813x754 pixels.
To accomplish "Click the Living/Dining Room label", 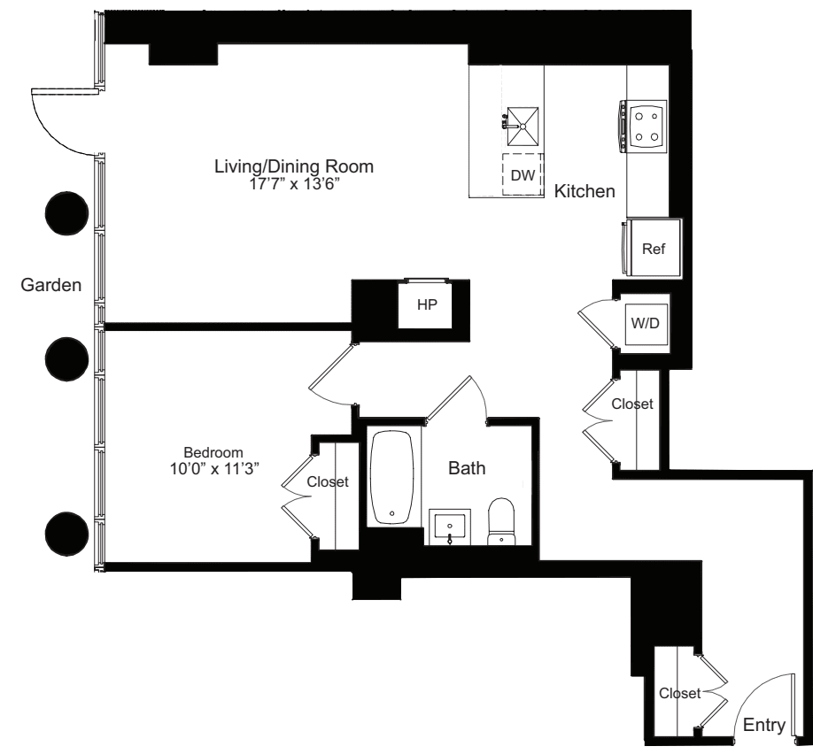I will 294,165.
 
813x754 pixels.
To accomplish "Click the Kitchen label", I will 585,191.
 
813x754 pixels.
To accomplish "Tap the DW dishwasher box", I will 523,175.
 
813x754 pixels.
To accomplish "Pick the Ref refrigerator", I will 653,249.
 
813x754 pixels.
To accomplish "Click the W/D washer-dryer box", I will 645,323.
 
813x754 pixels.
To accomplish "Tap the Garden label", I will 52,285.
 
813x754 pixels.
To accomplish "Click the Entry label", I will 763,726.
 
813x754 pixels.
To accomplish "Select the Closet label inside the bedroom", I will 328,482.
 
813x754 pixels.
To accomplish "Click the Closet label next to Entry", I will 679,694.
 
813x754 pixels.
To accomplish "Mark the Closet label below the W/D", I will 632,404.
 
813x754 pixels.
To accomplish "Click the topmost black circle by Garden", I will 67,213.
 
